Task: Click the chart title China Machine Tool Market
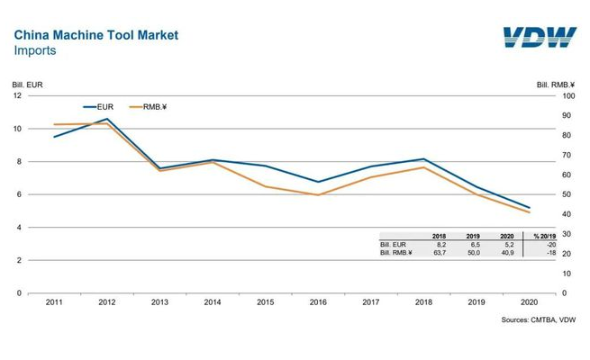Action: (x=95, y=35)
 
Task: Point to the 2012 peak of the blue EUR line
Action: (x=108, y=119)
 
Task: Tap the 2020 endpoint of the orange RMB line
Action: (x=529, y=212)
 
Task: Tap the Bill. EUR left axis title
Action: (x=27, y=85)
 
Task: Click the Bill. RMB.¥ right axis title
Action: (x=556, y=85)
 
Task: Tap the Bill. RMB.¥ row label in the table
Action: (x=396, y=253)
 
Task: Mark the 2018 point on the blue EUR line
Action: (x=423, y=159)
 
